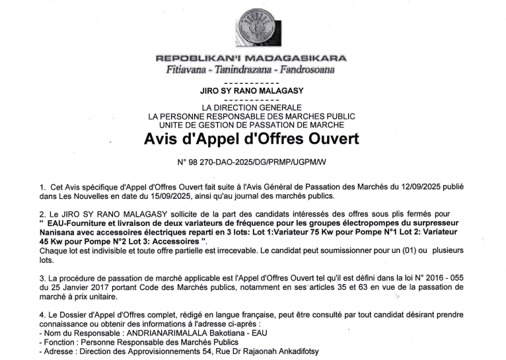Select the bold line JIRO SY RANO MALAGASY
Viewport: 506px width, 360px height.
coord(251,92)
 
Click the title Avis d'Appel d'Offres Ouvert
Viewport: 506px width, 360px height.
coord(251,139)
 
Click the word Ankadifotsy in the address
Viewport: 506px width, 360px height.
coord(293,352)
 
